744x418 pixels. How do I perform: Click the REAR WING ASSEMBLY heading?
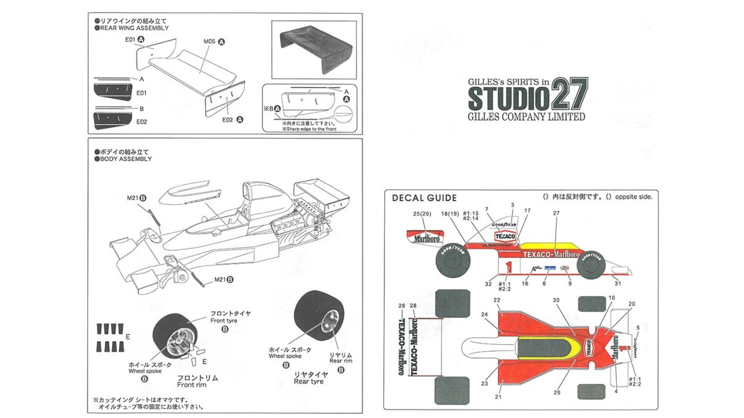(134, 28)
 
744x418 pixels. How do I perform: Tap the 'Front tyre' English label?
(224, 321)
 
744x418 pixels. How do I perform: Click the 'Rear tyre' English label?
(308, 382)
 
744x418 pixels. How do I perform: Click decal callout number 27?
(556, 214)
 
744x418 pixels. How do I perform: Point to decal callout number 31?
(618, 284)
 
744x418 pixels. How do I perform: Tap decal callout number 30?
(556, 300)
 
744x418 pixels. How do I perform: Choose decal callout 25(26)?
(422, 214)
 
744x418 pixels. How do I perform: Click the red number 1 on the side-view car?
(508, 267)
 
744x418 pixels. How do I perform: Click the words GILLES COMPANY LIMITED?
(526, 116)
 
